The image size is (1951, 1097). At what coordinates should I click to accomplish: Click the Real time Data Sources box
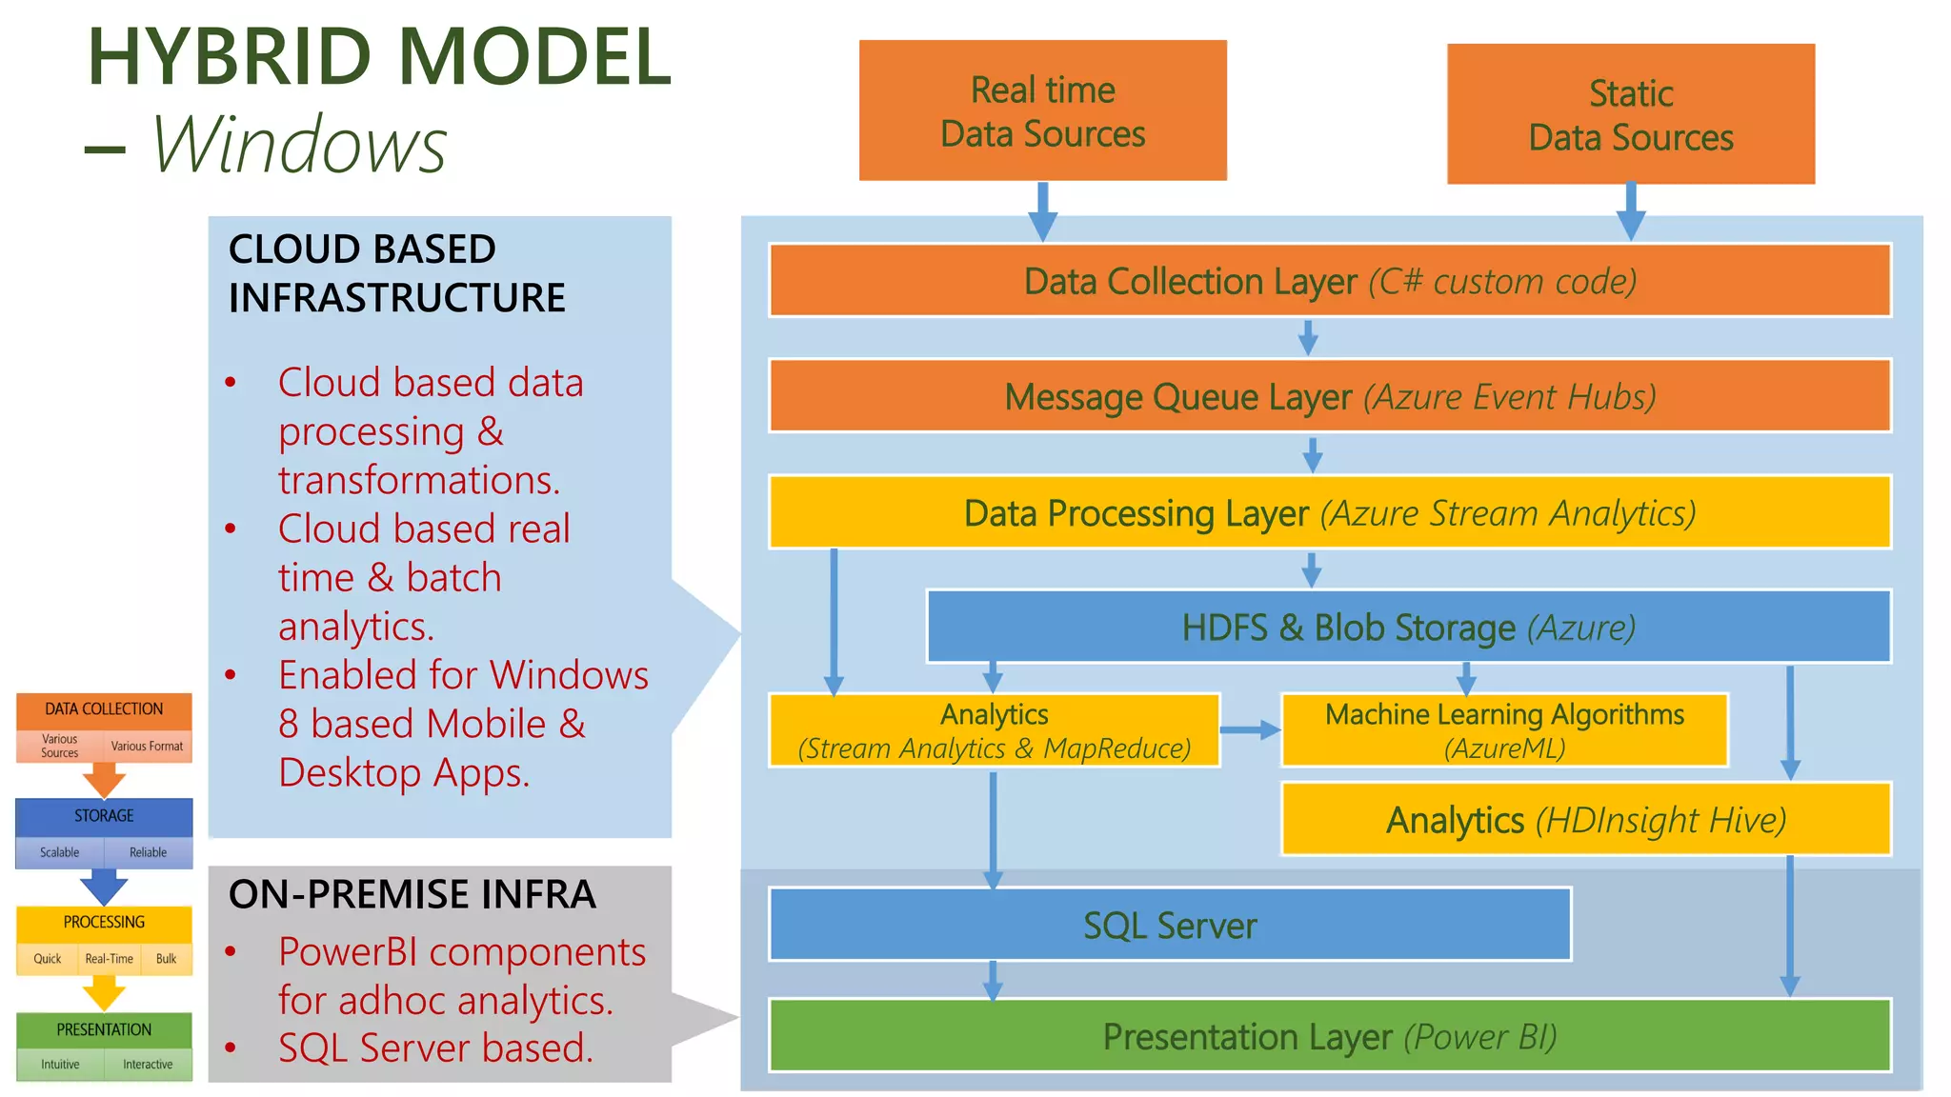click(x=1042, y=110)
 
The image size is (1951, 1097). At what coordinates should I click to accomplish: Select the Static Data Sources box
click(x=1630, y=114)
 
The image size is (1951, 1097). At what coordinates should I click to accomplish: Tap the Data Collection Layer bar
click(x=1329, y=281)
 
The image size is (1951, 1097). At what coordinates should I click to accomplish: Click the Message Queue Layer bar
click(x=1329, y=396)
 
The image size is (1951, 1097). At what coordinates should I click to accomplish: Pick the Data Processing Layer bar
click(x=1329, y=512)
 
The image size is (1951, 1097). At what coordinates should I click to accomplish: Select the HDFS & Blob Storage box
click(x=1408, y=628)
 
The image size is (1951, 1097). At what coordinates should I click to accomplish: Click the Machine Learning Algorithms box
click(x=1503, y=730)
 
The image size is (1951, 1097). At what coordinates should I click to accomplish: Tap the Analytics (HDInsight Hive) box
click(x=1585, y=820)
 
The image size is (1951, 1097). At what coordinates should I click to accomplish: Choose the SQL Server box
click(x=1169, y=925)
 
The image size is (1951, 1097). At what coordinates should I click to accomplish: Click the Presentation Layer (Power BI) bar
click(x=1329, y=1036)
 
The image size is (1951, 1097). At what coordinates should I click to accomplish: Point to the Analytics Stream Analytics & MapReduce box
click(x=994, y=730)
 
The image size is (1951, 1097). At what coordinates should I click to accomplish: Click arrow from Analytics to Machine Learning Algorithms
click(x=1250, y=730)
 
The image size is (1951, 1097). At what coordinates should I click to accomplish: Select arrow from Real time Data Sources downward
click(x=1042, y=210)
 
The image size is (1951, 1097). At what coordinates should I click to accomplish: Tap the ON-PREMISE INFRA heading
click(x=412, y=894)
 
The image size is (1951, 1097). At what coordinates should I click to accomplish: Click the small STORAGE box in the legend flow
click(x=104, y=816)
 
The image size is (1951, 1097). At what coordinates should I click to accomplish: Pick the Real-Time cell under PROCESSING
click(x=109, y=959)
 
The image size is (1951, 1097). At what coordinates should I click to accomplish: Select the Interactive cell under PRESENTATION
click(x=148, y=1065)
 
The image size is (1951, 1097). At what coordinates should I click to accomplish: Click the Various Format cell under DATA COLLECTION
click(x=147, y=747)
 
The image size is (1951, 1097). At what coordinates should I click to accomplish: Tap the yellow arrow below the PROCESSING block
click(x=104, y=994)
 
